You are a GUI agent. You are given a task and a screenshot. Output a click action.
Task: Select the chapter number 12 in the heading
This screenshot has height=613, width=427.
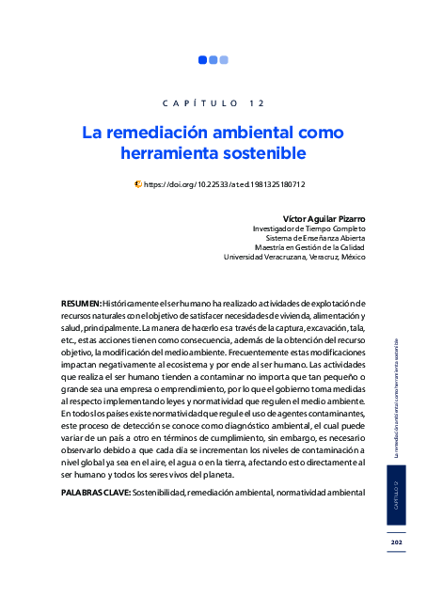(257, 102)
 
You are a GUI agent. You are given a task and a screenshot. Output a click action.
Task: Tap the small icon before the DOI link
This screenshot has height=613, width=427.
(138, 185)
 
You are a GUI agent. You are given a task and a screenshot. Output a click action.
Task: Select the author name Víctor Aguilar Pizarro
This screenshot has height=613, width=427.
(324, 218)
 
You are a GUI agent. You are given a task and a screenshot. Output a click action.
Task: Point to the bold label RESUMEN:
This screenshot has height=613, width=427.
(81, 304)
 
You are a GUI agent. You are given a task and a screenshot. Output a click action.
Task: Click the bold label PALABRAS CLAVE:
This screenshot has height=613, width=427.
(95, 492)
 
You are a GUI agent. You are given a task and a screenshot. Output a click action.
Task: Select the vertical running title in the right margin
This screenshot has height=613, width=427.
(397, 395)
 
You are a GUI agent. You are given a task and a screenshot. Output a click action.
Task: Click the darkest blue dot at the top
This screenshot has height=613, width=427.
(202, 60)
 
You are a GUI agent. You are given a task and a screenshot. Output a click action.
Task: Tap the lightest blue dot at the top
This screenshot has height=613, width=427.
(224, 60)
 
